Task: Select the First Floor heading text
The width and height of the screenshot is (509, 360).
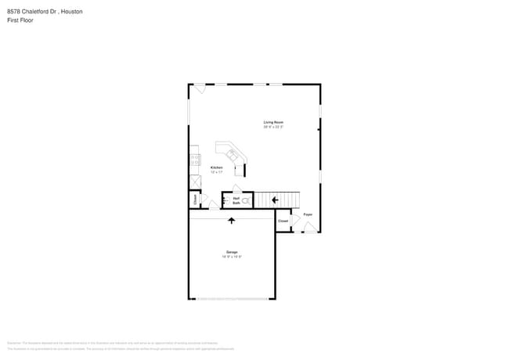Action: (x=20, y=20)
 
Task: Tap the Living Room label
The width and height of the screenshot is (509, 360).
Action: (x=273, y=122)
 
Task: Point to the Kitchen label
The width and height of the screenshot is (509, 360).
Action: (x=217, y=168)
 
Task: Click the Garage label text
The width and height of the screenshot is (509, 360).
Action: (x=232, y=252)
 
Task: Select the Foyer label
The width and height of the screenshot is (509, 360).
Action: (x=308, y=214)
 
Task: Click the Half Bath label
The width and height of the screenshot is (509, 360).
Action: (x=236, y=200)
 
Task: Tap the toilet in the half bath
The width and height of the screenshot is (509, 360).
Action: (x=245, y=201)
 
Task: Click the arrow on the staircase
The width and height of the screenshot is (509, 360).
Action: (x=275, y=200)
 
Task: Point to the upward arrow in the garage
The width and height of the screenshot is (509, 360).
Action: (x=231, y=221)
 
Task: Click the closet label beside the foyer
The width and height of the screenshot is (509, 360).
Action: (x=283, y=221)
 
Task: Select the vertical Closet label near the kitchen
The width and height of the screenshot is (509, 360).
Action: (x=195, y=200)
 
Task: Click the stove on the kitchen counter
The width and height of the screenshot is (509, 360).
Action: (x=192, y=160)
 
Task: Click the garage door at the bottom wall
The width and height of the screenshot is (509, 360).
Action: (x=232, y=298)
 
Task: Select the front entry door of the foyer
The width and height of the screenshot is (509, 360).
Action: (x=311, y=228)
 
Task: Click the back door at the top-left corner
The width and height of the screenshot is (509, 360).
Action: (x=200, y=88)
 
